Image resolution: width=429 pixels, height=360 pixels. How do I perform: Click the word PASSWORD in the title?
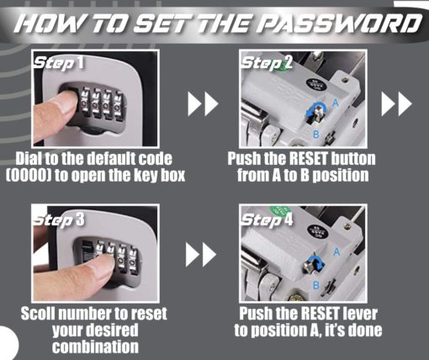tap(339, 24)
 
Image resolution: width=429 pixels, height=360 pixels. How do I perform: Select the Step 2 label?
tap(267, 63)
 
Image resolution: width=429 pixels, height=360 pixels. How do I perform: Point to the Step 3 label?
tap(59, 220)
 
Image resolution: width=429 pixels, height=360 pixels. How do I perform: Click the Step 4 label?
tap(267, 220)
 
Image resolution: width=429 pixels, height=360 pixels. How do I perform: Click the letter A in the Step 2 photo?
tap(336, 103)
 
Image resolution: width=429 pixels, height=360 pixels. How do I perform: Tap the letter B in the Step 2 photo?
tap(316, 135)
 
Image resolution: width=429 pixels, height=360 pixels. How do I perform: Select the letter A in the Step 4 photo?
tap(336, 252)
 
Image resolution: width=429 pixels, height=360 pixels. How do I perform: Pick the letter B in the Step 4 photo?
tap(316, 285)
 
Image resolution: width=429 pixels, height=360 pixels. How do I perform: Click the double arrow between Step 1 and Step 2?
tap(203, 103)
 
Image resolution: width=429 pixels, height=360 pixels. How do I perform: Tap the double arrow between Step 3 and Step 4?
tap(201, 255)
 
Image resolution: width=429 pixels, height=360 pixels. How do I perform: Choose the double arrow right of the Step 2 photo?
tap(396, 103)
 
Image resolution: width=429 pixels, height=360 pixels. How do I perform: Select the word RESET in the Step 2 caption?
tap(309, 159)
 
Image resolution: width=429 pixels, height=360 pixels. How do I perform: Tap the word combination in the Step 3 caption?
tap(95, 347)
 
